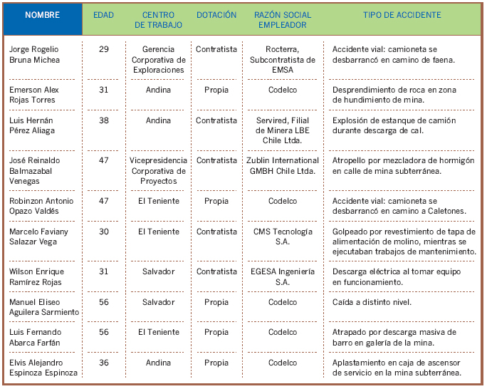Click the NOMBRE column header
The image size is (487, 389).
[x=42, y=15]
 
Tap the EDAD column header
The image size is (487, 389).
[x=103, y=15]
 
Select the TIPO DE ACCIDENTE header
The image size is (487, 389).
[x=402, y=15]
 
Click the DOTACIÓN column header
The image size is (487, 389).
[x=216, y=15]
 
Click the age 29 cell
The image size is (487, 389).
[x=104, y=48]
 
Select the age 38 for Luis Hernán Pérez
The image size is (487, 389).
[x=104, y=120]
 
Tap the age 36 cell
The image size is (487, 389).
[x=104, y=363]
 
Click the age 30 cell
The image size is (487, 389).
[x=104, y=232]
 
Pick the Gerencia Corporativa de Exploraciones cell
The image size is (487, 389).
[x=158, y=59]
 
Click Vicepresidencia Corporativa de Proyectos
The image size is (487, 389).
[x=158, y=171]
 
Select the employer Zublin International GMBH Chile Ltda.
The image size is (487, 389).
[x=283, y=165]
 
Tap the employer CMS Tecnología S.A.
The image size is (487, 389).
[x=283, y=237]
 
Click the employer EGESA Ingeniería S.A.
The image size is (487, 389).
[x=283, y=276]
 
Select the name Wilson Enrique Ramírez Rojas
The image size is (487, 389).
[x=36, y=276]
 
